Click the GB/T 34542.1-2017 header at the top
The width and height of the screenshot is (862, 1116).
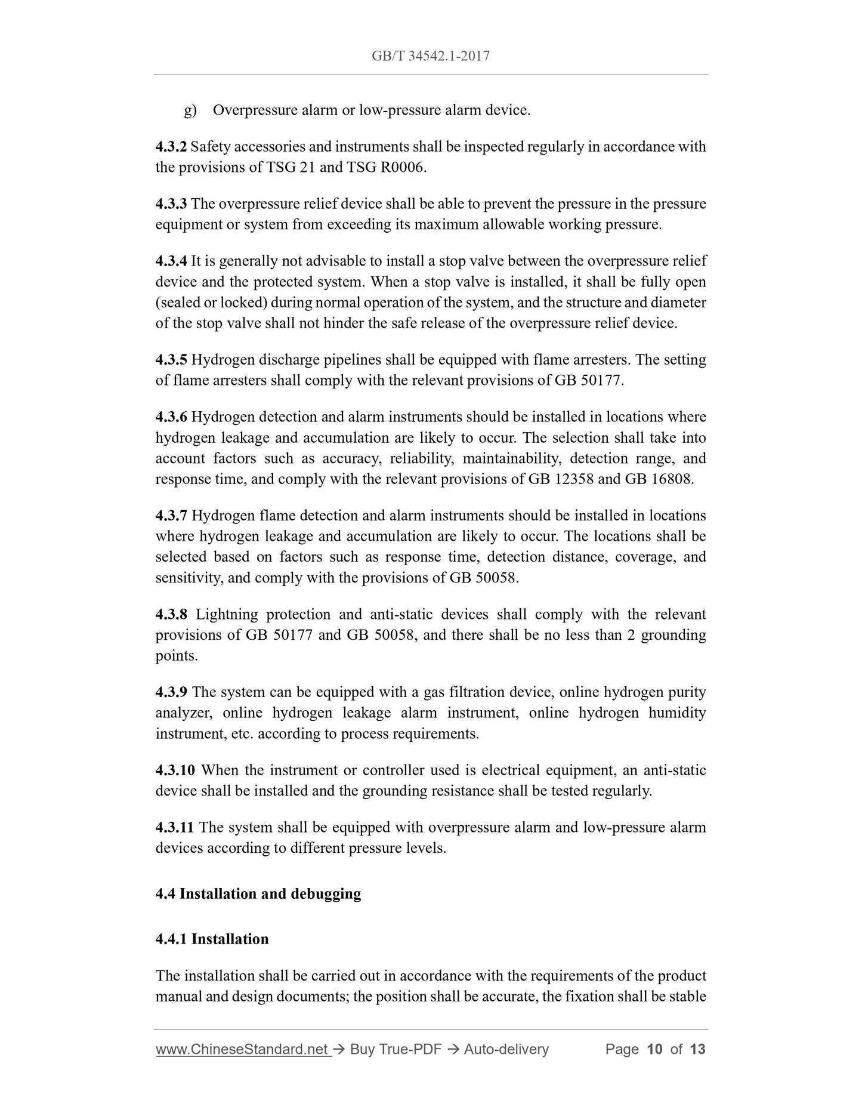(x=430, y=56)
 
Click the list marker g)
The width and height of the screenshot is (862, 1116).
(x=190, y=111)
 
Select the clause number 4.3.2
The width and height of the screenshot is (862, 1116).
(x=171, y=147)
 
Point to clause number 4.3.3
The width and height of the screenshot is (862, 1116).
(x=171, y=204)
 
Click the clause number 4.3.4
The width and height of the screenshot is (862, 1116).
(x=171, y=261)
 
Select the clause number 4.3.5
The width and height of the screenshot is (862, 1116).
(x=171, y=360)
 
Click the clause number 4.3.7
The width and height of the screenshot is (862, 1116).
(x=171, y=516)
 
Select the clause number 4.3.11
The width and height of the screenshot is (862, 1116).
(x=174, y=828)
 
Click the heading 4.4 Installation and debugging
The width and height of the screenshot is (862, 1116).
(x=258, y=894)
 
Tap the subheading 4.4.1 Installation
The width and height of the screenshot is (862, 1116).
(x=212, y=939)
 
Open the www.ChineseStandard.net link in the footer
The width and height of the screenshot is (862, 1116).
(x=242, y=1049)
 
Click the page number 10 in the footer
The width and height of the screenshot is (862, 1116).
(x=654, y=1049)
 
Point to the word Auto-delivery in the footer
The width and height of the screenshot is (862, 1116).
(x=506, y=1049)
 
